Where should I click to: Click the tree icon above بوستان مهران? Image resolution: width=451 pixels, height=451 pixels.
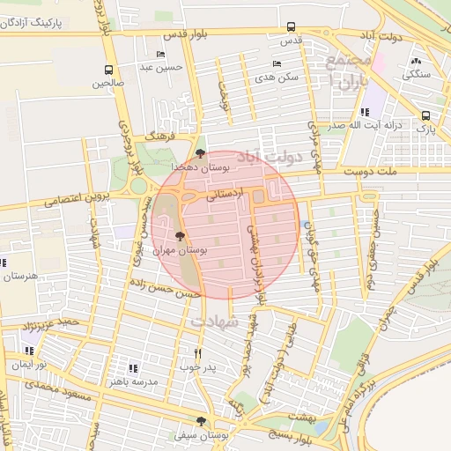[x=181, y=236]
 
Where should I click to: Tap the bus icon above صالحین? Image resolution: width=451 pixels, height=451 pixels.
[x=108, y=70]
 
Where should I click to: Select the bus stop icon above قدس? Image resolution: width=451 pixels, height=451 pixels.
[x=292, y=28]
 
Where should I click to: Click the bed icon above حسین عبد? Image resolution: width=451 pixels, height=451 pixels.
[x=160, y=54]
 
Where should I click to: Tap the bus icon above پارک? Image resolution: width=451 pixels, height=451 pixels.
[x=426, y=115]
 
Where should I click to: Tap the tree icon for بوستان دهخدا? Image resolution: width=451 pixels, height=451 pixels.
[x=201, y=153]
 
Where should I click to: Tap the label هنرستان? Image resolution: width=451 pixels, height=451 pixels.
[x=19, y=276]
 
